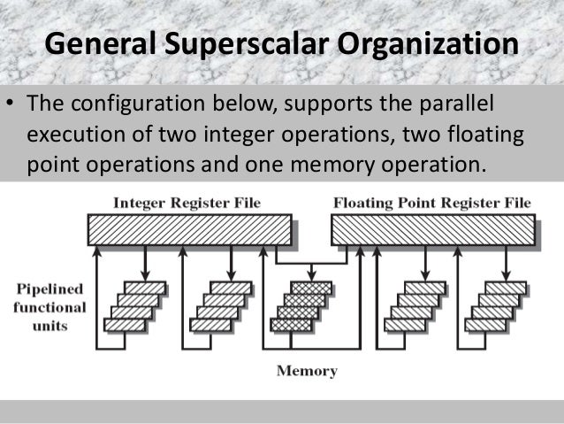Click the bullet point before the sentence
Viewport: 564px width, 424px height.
(11, 108)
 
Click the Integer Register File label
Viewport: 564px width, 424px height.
(187, 203)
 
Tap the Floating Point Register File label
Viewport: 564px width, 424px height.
(432, 203)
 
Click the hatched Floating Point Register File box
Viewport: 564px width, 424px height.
(432, 230)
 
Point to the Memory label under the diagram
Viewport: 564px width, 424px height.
(307, 371)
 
